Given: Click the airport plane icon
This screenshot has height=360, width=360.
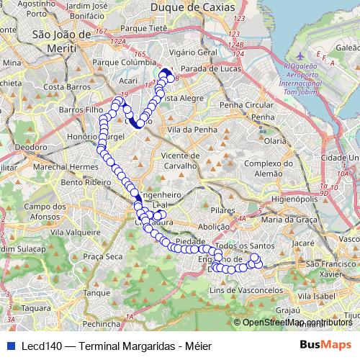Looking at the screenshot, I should point(300,55).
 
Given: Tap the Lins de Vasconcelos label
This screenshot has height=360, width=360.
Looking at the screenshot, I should point(235,289).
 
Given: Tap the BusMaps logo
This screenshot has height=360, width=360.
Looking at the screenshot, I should point(326,344).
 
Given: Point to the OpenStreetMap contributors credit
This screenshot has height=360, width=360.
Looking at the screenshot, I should point(297,322).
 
